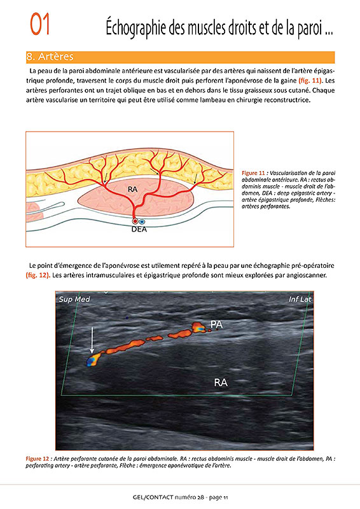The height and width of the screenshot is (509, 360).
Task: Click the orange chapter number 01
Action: pos(40,24)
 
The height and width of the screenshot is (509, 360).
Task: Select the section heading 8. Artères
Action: pos(50,57)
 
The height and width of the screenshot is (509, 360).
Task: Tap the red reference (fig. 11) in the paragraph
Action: pos(310,81)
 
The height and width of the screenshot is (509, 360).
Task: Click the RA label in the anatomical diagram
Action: pos(132,189)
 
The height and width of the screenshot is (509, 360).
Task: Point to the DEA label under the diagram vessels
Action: pos(139,229)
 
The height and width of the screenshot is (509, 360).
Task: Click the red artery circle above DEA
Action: pos(135,221)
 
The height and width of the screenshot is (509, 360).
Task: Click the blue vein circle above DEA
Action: pos(142,221)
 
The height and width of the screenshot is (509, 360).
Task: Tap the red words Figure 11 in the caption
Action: pos(253,173)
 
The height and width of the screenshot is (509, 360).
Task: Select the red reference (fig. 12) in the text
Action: pos(38,275)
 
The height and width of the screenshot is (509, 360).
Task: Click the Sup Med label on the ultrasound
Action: pos(74,299)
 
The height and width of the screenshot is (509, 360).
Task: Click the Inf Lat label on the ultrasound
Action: pos(300,299)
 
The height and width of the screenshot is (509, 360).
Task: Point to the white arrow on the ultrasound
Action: pos(92,340)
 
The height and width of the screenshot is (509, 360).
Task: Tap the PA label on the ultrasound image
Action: pos(216,324)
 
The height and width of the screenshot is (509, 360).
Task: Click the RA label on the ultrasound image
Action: pos(221,382)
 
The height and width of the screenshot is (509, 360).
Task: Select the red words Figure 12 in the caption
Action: pos(38,459)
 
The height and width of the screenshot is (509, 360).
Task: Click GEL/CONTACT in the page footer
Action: pos(153,497)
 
